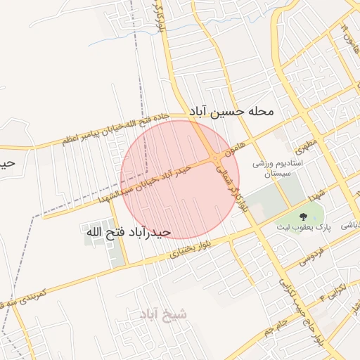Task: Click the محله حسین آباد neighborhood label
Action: (231, 112)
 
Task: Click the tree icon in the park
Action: (303, 216)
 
